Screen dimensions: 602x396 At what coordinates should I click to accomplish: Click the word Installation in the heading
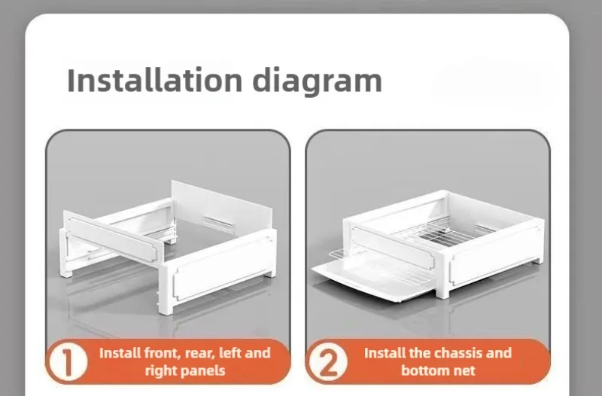click(154, 80)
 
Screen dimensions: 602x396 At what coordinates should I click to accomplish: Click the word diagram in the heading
click(317, 81)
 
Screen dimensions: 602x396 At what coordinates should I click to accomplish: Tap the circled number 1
click(68, 362)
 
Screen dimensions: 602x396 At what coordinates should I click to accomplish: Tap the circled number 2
click(328, 362)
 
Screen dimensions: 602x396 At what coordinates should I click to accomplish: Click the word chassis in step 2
click(456, 352)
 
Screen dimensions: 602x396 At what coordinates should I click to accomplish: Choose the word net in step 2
click(465, 370)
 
